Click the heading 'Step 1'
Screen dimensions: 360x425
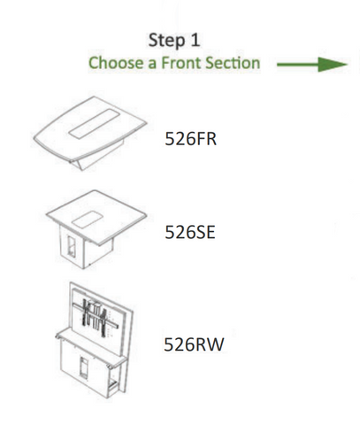pos(174,40)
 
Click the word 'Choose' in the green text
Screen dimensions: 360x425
pos(114,63)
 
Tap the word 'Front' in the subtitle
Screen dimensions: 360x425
pos(180,63)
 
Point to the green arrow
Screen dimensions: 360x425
pos(312,64)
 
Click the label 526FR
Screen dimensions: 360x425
pos(191,138)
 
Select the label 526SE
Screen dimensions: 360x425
pos(190,232)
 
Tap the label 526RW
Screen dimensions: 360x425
pos(194,344)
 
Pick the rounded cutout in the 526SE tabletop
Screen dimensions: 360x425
pos(88,220)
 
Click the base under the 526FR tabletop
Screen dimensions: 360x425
pos(97,157)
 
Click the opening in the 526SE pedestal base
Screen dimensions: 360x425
pos(72,246)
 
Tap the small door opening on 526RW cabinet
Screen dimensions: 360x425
pos(84,367)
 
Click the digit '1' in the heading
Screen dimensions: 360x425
pos(195,40)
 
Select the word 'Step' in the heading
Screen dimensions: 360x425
pos(165,41)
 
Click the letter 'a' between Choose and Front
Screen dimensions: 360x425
pos(152,64)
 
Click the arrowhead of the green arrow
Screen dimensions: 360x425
pos(333,64)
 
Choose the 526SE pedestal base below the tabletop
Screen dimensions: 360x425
pos(86,247)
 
